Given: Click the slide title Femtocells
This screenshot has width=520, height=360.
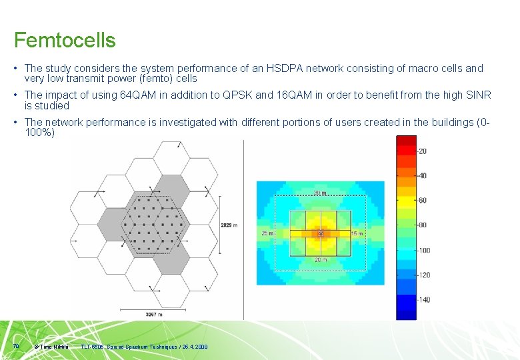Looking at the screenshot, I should [65, 40].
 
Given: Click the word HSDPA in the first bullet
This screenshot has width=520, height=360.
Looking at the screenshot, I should [283, 69].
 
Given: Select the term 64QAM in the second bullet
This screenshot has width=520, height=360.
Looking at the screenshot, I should [137, 95].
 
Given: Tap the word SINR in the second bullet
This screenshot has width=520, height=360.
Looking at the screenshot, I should [479, 95].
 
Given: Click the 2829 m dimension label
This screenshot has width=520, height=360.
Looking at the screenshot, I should [229, 226].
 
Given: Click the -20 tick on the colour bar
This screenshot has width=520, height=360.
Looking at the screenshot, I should [422, 151].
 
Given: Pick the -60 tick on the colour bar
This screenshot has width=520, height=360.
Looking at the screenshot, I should [422, 201].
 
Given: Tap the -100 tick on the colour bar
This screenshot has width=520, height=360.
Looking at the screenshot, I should [423, 251].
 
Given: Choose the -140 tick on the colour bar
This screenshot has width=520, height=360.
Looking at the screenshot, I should [423, 300].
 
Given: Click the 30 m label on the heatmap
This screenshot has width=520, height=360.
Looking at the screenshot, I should [320, 193].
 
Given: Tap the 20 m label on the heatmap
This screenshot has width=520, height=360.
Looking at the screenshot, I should [320, 260].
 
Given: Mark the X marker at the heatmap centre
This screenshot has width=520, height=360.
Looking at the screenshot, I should [320, 234].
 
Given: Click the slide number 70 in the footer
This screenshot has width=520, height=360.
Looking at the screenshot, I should [15, 345].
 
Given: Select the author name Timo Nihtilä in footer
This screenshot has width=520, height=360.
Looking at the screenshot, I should [55, 347].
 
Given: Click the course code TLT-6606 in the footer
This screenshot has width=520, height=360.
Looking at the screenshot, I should [93, 347].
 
